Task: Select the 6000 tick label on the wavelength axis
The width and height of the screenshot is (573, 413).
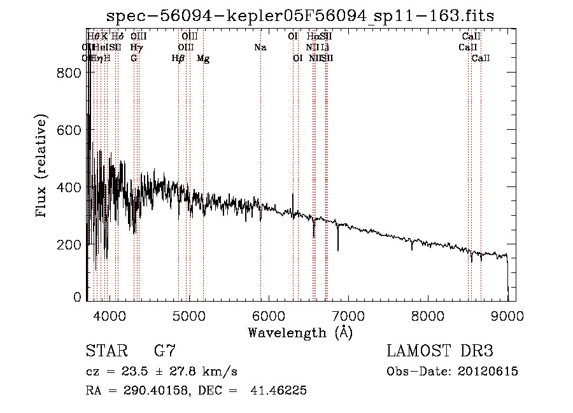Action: (268, 315)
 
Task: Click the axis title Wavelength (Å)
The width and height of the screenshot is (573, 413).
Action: (300, 332)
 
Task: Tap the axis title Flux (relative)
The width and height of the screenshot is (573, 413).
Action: (43, 167)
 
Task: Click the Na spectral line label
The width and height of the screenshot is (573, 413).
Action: (260, 47)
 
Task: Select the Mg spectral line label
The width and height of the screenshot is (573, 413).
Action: (203, 59)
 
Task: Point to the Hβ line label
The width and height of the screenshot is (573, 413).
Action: (178, 59)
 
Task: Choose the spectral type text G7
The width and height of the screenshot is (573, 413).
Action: (164, 351)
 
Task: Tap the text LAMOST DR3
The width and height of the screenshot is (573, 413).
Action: (440, 351)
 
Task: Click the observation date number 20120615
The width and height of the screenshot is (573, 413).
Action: (487, 372)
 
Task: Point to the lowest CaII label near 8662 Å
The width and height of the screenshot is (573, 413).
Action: (481, 59)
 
